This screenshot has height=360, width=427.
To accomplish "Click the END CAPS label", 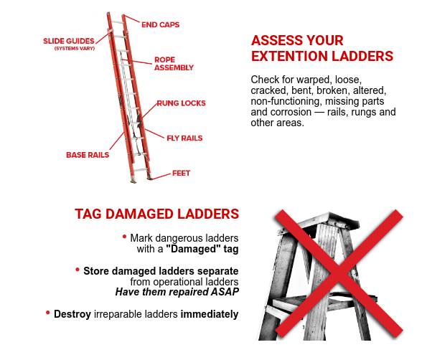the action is point(161,25).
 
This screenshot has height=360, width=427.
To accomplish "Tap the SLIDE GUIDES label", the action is point(69,41).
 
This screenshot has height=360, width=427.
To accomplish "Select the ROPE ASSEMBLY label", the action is point(174,64).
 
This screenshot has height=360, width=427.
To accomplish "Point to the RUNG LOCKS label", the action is point(181,103).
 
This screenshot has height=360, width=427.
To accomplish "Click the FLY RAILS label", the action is point(184,138).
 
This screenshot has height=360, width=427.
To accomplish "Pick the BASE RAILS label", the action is point(88,155).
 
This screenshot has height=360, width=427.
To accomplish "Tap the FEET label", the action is point(181,174).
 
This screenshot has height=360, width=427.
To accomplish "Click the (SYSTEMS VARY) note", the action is point(75,49).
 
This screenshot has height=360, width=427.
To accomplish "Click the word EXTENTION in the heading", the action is point(289,57).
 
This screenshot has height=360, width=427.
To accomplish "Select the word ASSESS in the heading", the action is point(275,41).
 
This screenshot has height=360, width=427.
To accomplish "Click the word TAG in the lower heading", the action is point(88,214).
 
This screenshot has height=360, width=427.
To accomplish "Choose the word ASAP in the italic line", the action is point(225,292).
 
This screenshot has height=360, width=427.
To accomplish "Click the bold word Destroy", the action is point(72,314).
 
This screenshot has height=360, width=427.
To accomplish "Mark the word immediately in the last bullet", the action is point(210,314).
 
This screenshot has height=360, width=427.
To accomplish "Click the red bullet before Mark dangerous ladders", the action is point(124,237).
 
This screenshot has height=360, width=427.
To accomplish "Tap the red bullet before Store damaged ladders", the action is point(78,270).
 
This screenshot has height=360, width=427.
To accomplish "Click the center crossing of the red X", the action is point(339,273).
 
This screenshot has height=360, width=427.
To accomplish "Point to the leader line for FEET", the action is point(161,176).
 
